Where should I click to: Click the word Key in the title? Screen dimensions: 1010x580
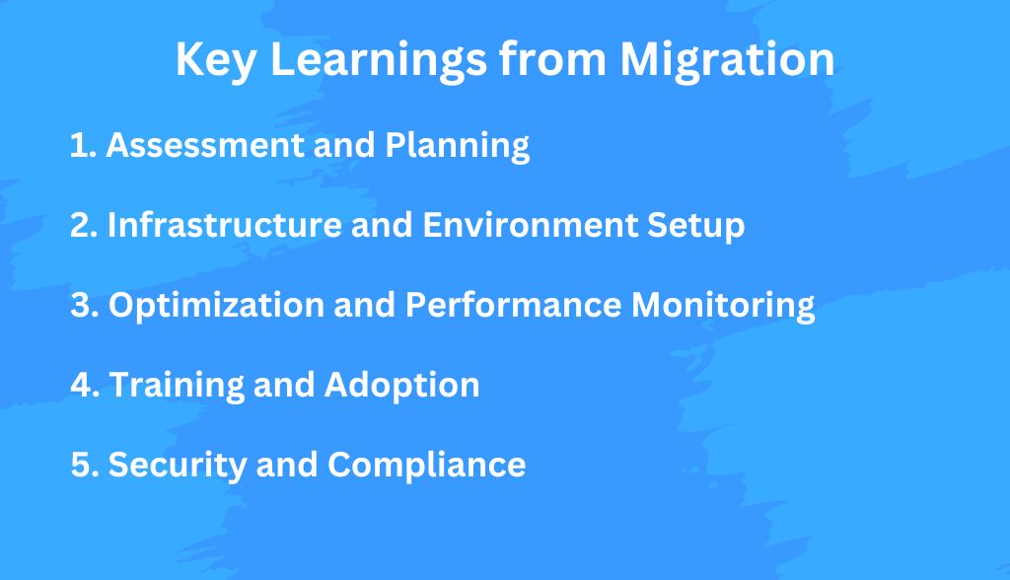pos(216,61)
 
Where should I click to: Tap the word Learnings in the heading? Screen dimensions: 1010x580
pos(379,61)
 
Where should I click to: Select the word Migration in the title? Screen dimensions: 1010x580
pos(727,61)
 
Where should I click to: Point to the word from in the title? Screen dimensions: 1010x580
pos(553,59)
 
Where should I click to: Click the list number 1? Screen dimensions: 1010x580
pos(83,145)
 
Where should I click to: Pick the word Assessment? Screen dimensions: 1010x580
pos(205,145)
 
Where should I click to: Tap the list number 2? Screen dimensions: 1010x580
pos(83,226)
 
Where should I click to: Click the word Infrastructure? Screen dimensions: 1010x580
pos(224,224)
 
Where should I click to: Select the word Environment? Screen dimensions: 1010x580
pos(530,226)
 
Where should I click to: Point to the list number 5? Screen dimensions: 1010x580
pos(85,466)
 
